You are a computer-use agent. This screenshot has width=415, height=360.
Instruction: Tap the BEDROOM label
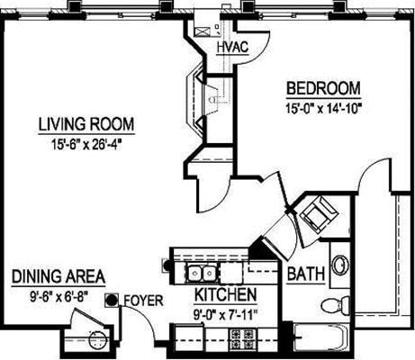pos(323,89)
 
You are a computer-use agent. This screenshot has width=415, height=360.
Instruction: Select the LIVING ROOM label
pos(86,124)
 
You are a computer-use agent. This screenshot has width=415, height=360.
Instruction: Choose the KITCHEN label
pos(225,295)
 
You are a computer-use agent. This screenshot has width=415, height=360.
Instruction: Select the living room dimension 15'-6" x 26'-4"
pos(86,141)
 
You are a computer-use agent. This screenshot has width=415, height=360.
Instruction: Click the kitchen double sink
pos(200,272)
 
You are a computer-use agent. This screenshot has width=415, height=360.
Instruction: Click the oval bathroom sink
pos(340,265)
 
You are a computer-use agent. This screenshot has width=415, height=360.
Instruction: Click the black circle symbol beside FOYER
pos(113,300)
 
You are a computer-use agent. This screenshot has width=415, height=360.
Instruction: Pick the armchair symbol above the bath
pos(317,216)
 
